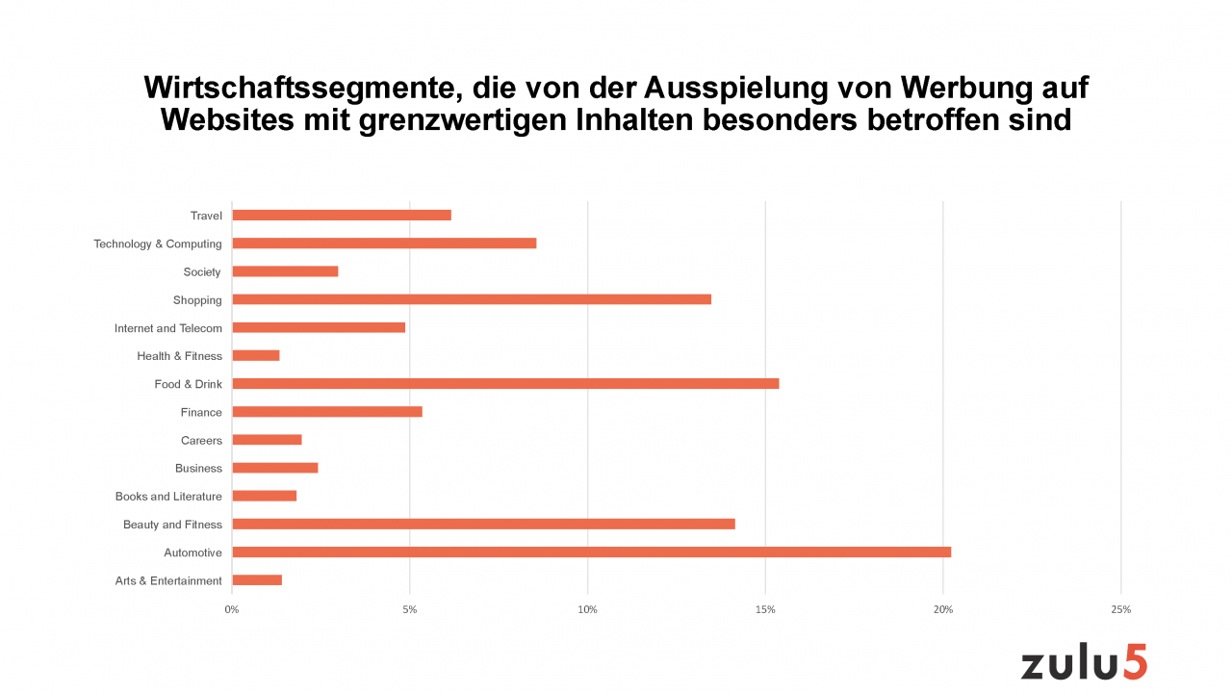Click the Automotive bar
(x=591, y=552)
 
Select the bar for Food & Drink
(x=505, y=384)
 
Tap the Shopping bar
(x=472, y=299)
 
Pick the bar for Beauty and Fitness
(x=483, y=525)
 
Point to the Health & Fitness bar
(x=256, y=356)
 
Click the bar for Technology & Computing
(x=384, y=244)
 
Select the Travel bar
(x=342, y=216)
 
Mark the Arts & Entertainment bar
(x=257, y=580)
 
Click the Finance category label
(x=201, y=413)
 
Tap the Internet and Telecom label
(x=168, y=328)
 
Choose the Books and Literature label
(x=168, y=497)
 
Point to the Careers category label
(x=201, y=441)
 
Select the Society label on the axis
(x=202, y=272)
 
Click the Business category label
(x=198, y=469)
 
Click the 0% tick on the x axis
(x=232, y=610)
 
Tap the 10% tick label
(x=587, y=610)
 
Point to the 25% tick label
(x=1120, y=610)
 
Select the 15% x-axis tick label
(x=765, y=610)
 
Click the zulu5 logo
(x=1084, y=663)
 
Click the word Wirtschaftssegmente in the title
(x=294, y=89)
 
